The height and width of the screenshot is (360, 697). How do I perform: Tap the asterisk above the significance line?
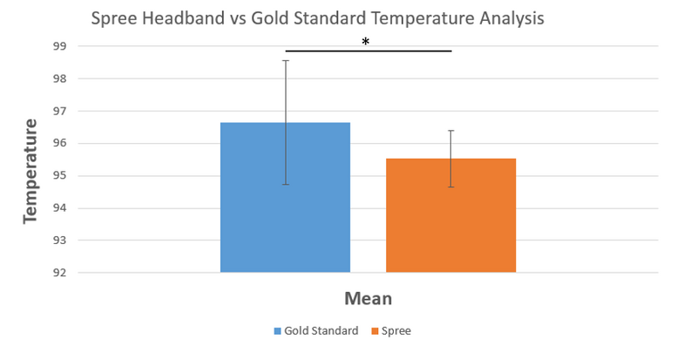pos(366,40)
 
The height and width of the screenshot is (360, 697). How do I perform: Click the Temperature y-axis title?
pos(30,171)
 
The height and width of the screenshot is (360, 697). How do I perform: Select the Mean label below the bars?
pos(367,299)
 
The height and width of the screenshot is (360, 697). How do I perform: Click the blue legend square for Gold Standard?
pos(276,331)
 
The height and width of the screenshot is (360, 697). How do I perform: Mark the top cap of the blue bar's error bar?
pos(285,60)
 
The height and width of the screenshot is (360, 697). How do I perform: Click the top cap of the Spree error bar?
pos(450,131)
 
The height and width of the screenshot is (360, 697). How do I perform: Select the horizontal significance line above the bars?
pos(368,51)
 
